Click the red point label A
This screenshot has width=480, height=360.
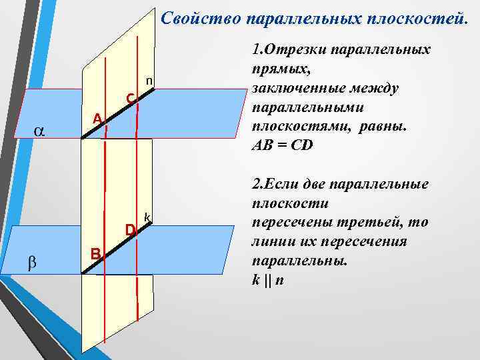coord(97,119)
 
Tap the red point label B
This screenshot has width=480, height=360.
coord(95,253)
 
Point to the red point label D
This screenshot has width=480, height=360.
coord(131,230)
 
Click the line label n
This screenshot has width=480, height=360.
coord(150,81)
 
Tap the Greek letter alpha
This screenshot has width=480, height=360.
coord(39,131)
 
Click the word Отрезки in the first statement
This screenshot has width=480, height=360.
coord(295,51)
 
